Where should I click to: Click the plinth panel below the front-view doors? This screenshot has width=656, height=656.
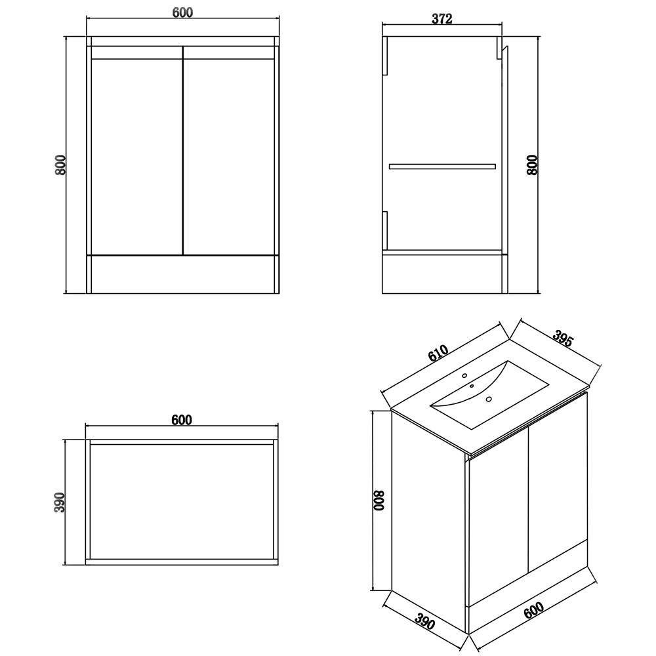pyautogui.click(x=183, y=274)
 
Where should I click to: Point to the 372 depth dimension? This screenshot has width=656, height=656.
pyautogui.click(x=442, y=19)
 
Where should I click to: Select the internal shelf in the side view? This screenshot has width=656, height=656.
pyautogui.click(x=442, y=167)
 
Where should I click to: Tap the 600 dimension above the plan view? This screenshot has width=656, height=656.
pyautogui.click(x=182, y=420)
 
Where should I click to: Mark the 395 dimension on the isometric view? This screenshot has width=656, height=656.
pyautogui.click(x=563, y=340)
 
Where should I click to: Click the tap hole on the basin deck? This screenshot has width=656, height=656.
pyautogui.click(x=465, y=377)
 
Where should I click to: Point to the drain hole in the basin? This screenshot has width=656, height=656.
pyautogui.click(x=489, y=399)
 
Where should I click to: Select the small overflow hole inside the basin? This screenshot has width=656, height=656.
pyautogui.click(x=472, y=386)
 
